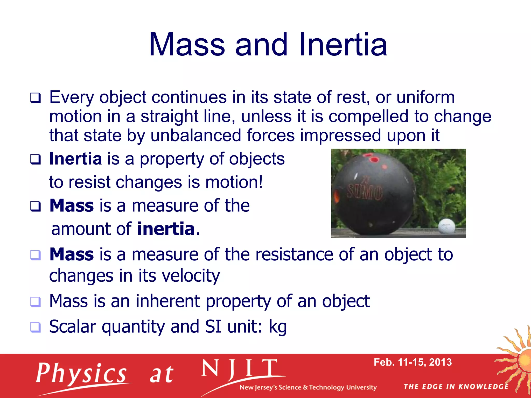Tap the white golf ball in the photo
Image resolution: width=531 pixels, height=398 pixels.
[446, 226]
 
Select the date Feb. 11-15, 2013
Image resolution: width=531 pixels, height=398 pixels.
[413, 362]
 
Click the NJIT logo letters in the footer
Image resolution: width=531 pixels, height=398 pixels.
[239, 369]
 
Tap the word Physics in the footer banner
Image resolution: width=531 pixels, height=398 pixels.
[81, 373]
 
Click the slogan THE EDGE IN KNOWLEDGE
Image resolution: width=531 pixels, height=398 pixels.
[456, 387]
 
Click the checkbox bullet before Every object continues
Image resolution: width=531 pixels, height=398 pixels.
[35, 98]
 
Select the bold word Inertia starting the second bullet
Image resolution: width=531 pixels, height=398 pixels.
[75, 159]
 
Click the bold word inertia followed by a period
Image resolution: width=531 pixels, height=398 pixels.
[166, 229]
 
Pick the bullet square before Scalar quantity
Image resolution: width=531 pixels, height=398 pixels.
[35, 327]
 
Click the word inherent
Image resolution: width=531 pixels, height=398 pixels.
[168, 301]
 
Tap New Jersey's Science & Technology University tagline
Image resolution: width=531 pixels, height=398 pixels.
[308, 387]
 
